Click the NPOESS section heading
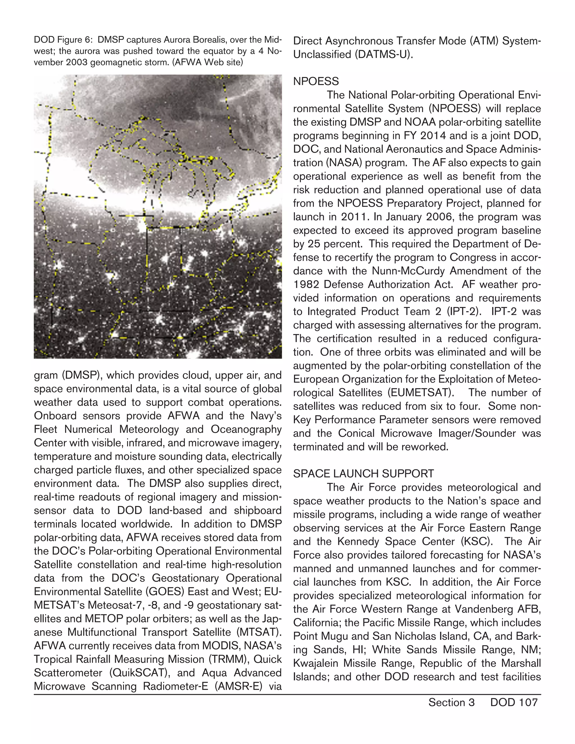(x=316, y=81)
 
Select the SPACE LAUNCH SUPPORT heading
(x=364, y=474)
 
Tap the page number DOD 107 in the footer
(x=514, y=702)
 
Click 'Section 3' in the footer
(x=451, y=702)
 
